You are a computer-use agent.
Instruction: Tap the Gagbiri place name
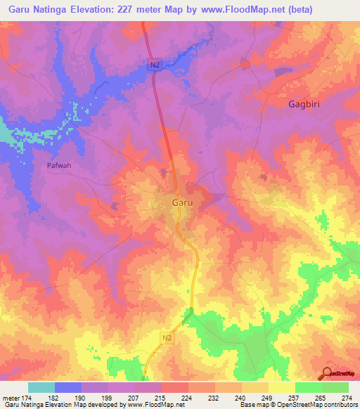(x=307, y=104)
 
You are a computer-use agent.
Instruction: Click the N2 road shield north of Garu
(x=155, y=64)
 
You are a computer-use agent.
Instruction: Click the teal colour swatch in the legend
(x=41, y=388)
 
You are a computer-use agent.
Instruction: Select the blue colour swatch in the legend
(x=68, y=388)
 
